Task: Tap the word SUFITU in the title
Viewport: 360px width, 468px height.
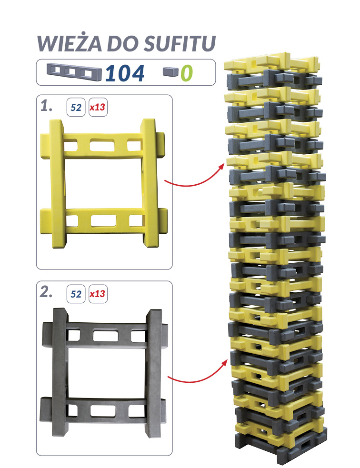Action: point(179,44)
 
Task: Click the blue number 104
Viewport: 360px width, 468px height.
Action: point(125,73)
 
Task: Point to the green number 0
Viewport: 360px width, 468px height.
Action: point(187,73)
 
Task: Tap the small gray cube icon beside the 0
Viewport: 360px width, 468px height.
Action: point(170,71)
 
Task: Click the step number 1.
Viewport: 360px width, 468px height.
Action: point(46,106)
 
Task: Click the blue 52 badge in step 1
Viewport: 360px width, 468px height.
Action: point(76,107)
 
